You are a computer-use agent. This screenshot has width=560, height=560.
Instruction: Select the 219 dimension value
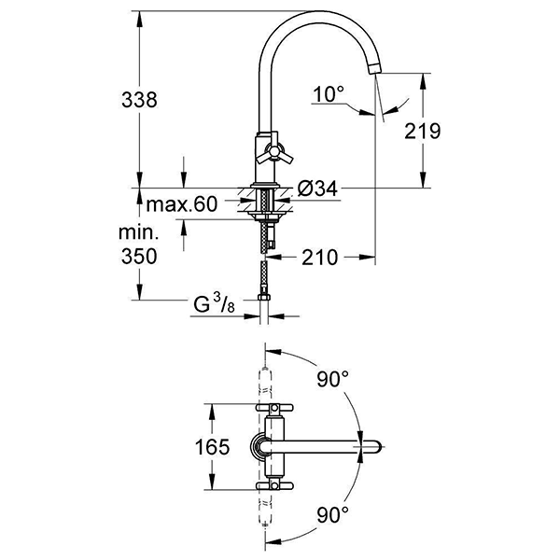[422, 132]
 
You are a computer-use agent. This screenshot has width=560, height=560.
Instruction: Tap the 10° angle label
[329, 93]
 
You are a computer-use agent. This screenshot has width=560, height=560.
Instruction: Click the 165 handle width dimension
[213, 446]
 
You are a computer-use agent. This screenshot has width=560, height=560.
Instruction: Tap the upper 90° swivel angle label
[332, 379]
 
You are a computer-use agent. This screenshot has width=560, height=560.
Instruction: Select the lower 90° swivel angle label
[332, 513]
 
